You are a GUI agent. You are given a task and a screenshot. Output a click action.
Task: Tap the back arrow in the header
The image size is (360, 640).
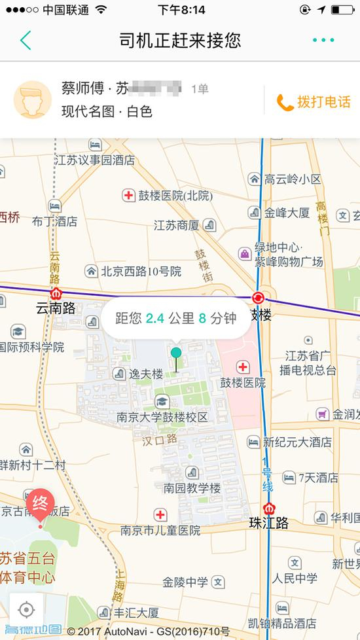coord(26,41)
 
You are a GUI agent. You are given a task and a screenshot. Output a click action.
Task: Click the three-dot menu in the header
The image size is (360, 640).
coord(323,41)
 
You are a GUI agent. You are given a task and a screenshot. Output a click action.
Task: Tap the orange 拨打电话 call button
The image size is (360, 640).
coord(314,102)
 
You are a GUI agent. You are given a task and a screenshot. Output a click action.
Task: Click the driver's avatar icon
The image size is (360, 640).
coord(32,99)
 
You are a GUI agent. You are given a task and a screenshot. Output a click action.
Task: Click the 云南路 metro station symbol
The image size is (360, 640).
coord(56,294)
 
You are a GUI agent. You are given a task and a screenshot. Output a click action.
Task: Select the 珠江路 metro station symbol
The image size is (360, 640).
coord(268,508)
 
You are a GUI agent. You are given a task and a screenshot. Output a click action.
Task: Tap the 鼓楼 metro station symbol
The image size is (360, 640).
coord(259,298)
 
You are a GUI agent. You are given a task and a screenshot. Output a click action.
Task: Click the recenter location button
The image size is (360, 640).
coord(26,609)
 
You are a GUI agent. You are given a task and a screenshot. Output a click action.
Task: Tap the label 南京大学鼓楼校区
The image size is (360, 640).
coord(162,417)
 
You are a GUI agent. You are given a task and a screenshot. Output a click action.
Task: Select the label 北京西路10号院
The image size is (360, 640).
coord(141,270)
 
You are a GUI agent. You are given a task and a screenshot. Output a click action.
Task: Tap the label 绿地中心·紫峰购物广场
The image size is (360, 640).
coord(288,255)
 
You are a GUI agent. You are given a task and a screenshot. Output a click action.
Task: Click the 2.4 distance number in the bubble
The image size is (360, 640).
coord(155,319)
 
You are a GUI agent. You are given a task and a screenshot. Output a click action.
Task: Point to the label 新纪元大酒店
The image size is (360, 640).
coord(297,442)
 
